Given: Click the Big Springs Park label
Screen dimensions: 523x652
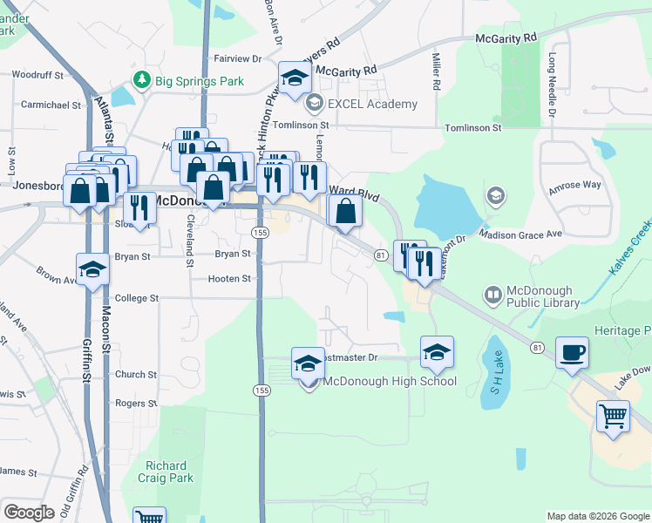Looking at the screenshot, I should (200, 81).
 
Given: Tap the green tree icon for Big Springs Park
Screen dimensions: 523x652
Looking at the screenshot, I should (142, 80).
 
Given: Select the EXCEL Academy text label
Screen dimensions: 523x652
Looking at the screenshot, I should (372, 104).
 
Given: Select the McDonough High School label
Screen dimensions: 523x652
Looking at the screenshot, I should (390, 381).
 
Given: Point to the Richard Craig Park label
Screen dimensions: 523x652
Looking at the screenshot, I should (169, 472).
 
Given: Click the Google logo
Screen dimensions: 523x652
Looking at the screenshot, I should (30, 513).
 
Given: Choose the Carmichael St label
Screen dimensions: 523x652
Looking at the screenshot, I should (51, 105).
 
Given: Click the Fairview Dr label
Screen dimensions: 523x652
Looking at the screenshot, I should (238, 58).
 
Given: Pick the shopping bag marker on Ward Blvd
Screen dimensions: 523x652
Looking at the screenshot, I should (345, 210).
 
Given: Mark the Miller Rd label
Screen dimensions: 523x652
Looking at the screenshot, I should (435, 71).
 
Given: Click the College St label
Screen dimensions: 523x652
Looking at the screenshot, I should (137, 297).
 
